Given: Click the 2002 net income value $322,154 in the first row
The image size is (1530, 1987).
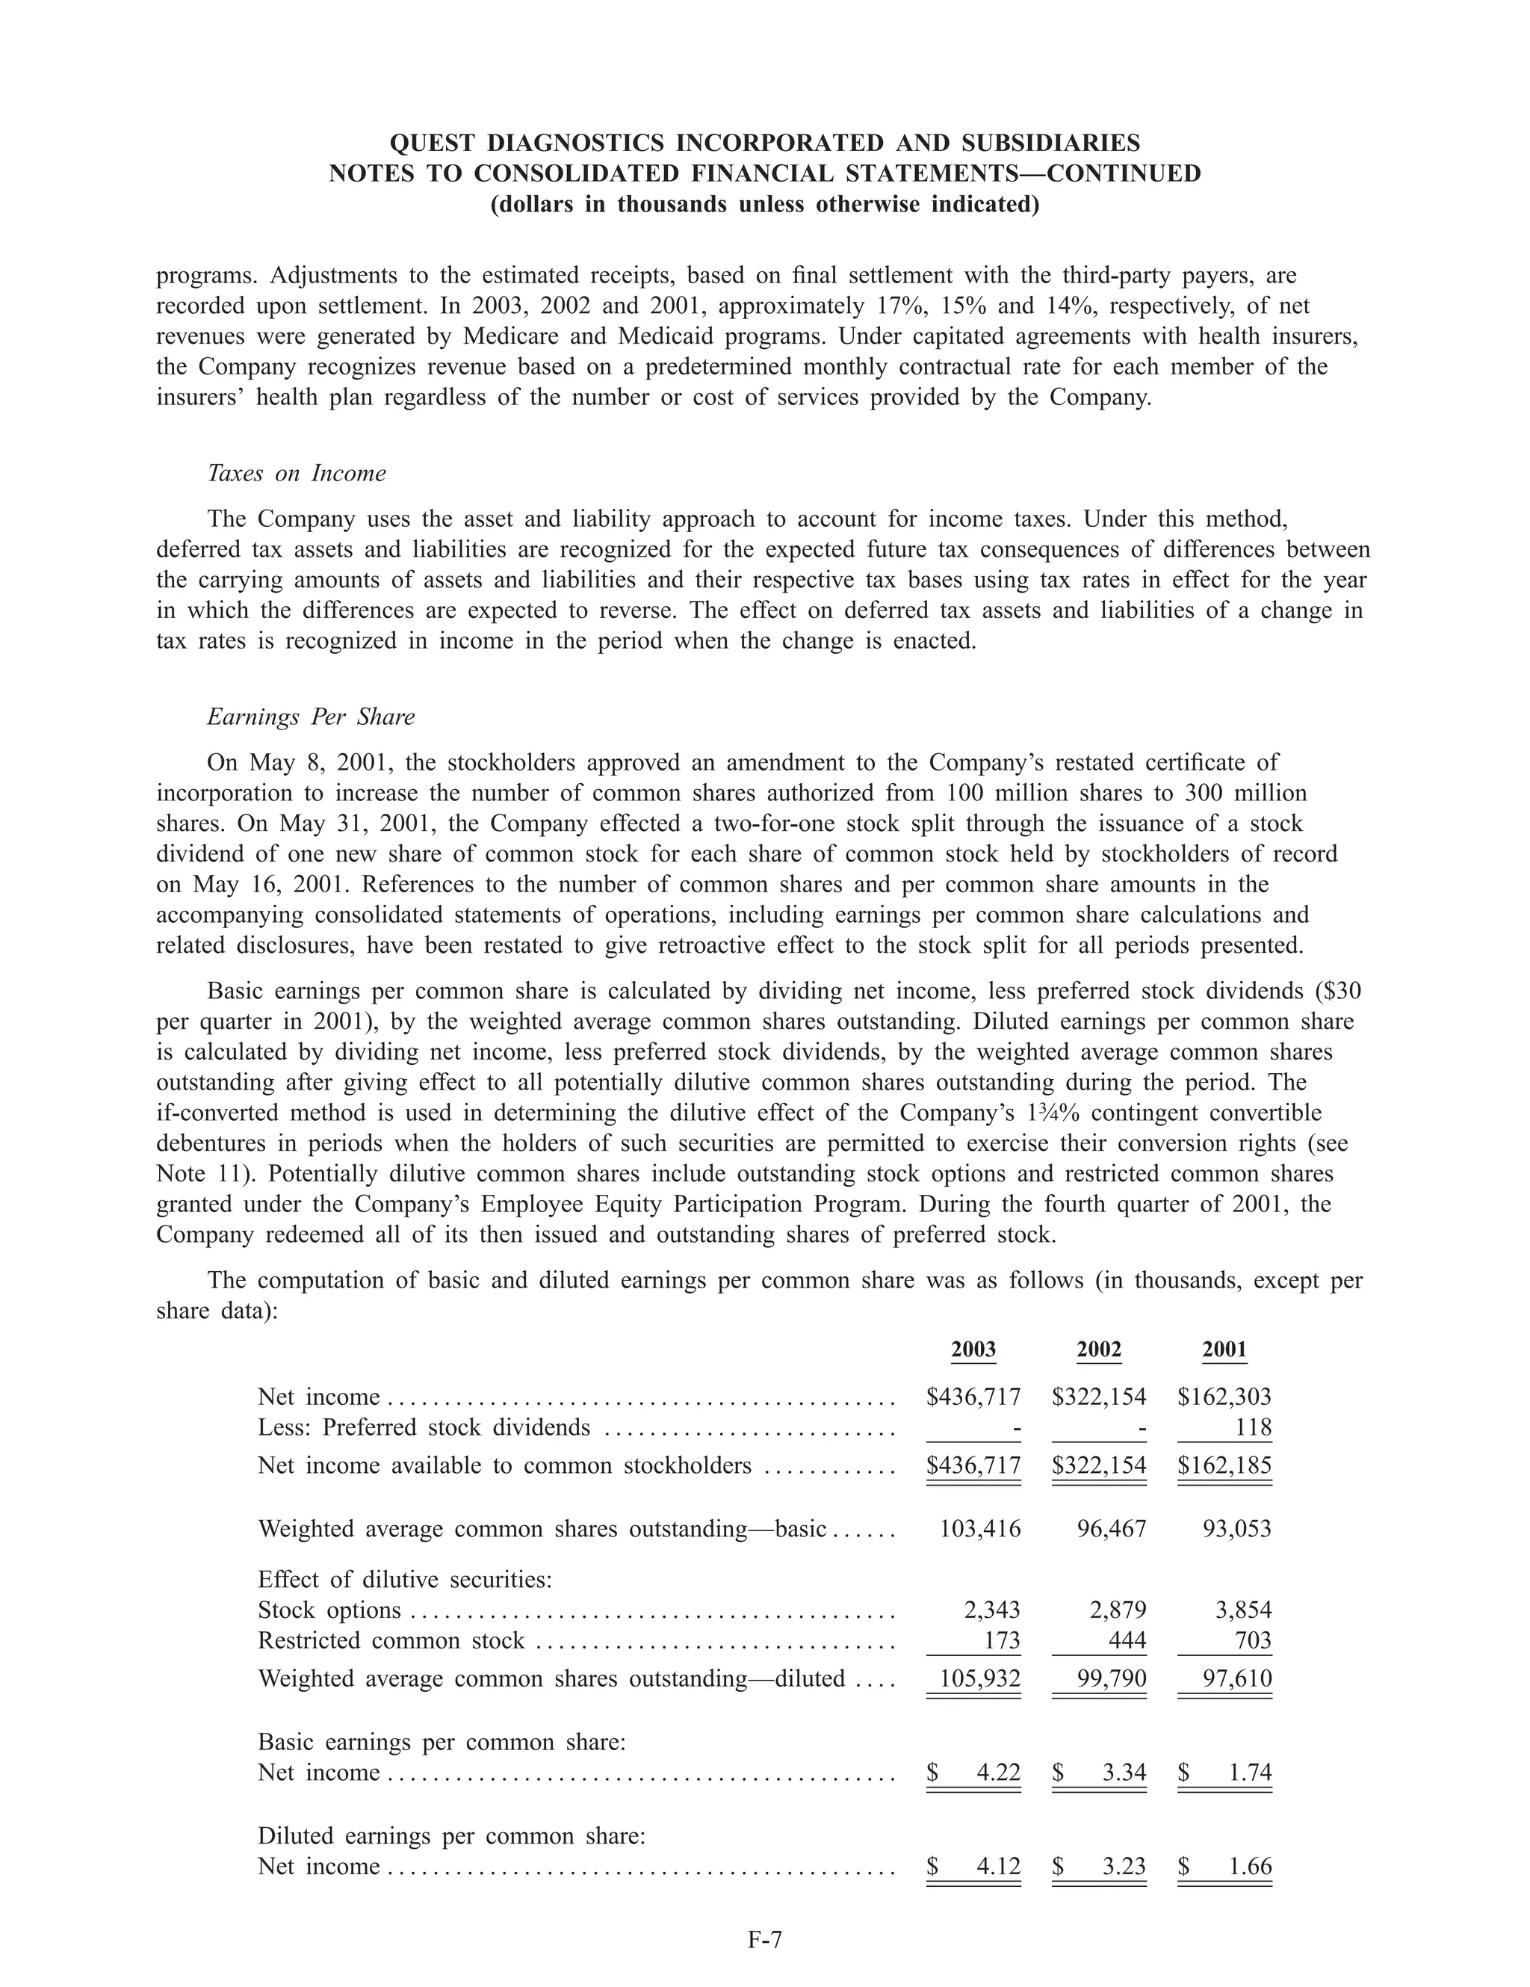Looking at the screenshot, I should click(x=1098, y=1396).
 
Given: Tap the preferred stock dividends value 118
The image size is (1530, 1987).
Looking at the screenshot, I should click(x=1253, y=1427).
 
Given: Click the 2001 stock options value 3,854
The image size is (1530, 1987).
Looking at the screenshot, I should click(x=1242, y=1610).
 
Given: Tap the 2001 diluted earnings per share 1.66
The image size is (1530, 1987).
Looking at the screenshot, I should click(x=1249, y=1866).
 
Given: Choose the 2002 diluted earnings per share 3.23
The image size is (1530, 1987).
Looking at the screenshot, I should click(x=1123, y=1866).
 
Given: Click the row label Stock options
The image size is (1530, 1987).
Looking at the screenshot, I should click(x=329, y=1610).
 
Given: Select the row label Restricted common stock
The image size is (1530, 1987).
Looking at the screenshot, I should click(x=391, y=1640).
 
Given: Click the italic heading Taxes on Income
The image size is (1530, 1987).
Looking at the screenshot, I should click(x=297, y=473).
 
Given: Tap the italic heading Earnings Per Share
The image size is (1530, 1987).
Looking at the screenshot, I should click(x=310, y=717).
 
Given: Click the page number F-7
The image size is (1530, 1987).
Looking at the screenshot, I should click(x=764, y=1941).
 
